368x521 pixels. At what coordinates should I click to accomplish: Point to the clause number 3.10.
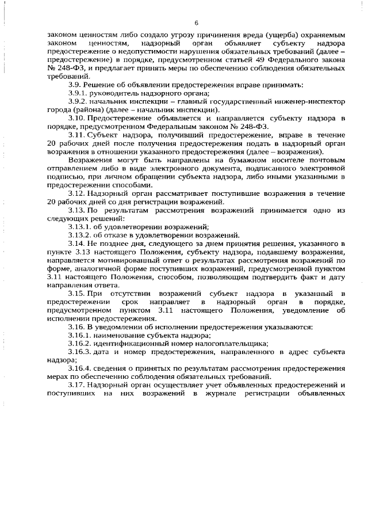click(75, 118)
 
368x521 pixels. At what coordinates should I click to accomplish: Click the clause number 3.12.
click(75, 193)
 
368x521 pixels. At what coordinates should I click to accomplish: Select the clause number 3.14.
click(75, 244)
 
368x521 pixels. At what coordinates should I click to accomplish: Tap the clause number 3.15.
click(75, 294)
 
